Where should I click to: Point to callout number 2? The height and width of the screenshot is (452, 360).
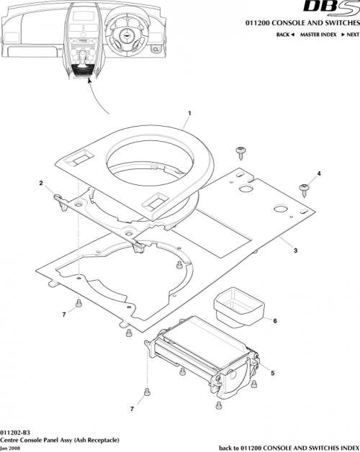pyautogui.click(x=41, y=183)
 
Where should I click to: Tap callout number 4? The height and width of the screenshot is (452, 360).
pyautogui.click(x=319, y=173)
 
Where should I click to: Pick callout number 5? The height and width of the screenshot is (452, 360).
pyautogui.click(x=273, y=372)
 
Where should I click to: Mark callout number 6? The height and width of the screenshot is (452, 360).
pyautogui.click(x=274, y=321)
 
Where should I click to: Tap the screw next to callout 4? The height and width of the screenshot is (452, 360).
pyautogui.click(x=305, y=189)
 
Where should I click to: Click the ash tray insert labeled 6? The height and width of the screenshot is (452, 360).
pyautogui.click(x=237, y=303)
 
